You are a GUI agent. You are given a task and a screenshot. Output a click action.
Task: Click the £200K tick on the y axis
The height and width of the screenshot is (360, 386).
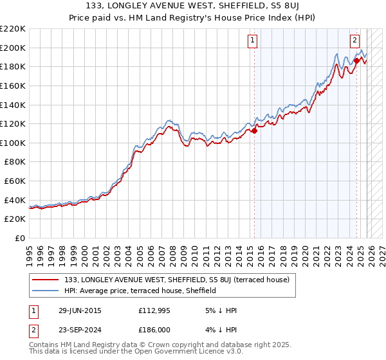(x=13, y=48)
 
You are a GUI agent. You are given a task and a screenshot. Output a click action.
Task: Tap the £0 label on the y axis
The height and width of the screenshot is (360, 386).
(x=20, y=239)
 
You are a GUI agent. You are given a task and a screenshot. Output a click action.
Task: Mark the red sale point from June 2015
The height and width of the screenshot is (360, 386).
(x=254, y=130)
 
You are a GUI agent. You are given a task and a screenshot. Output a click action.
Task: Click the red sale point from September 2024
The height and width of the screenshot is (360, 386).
(x=356, y=60)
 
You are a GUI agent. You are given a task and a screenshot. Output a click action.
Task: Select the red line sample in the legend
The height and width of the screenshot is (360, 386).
(x=46, y=280)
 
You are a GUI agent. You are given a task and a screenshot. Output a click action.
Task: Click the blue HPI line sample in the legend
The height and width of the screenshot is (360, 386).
(x=46, y=291)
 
